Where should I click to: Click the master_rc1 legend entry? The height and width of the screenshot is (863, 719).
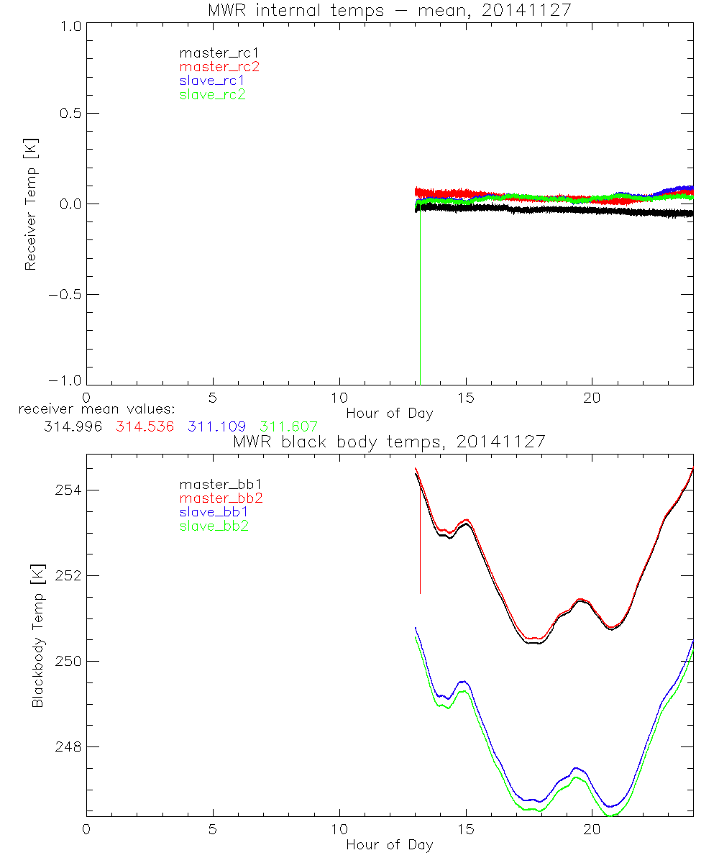click(x=212, y=53)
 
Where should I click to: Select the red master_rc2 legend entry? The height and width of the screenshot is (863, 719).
click(x=219, y=67)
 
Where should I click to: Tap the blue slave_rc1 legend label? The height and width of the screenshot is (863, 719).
click(x=212, y=81)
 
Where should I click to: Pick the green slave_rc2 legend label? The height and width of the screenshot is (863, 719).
click(x=212, y=94)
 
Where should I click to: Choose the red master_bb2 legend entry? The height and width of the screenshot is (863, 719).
click(x=219, y=498)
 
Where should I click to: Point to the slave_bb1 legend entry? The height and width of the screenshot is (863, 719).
click(x=214, y=512)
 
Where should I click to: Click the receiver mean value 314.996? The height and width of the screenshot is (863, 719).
click(x=73, y=426)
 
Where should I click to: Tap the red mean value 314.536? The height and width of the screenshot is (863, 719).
click(x=147, y=426)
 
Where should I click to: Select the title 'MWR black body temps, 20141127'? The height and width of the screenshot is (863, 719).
click(x=389, y=442)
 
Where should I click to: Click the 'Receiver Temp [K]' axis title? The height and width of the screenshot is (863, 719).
click(x=30, y=204)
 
